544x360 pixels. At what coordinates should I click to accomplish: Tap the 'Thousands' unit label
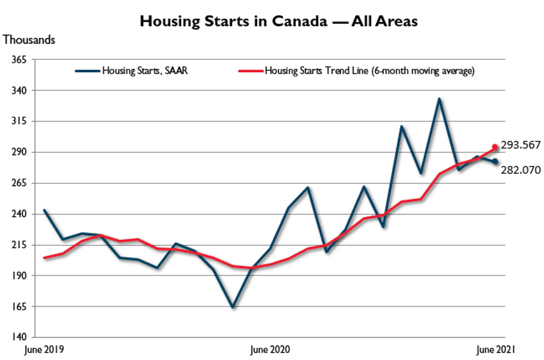click(29, 40)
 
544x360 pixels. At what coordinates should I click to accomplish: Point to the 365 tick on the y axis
click(19, 59)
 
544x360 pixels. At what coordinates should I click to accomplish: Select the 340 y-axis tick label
click(19, 90)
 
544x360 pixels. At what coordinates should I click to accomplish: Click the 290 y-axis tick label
click(19, 152)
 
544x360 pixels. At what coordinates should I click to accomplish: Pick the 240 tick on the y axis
click(19, 214)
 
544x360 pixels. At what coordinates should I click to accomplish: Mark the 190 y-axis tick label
click(19, 276)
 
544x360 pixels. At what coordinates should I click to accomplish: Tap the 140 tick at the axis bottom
click(19, 337)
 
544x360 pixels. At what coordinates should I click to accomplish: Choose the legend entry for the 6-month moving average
click(369, 71)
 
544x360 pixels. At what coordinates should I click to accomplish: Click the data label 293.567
click(520, 145)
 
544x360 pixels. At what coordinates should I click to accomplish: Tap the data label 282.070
click(520, 170)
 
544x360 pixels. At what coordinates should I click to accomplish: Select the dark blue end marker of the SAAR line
click(495, 162)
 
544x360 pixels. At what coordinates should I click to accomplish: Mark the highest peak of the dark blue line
click(439, 99)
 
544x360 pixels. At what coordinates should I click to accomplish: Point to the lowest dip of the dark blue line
click(232, 307)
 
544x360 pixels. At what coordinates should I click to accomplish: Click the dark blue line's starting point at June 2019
click(44, 211)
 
